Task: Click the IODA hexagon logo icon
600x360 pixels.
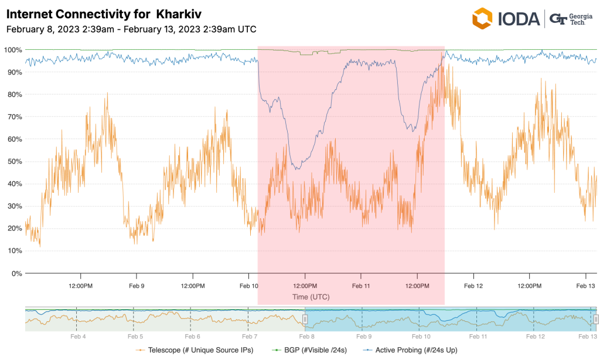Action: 482,19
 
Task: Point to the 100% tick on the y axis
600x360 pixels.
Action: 13,50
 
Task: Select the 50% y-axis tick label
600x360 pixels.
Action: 13,161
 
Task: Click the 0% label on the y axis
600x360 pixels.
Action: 15,273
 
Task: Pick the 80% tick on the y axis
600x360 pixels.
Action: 13,94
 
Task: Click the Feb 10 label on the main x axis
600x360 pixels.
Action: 249,286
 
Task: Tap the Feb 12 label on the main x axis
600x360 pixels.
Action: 473,286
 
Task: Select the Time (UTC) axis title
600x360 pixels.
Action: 311,297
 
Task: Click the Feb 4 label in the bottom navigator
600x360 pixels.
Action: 78,337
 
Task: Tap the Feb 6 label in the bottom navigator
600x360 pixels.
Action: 192,337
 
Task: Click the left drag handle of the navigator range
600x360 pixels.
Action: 305,319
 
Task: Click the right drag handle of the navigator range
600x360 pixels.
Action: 596,319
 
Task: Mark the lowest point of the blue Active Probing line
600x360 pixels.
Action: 298,169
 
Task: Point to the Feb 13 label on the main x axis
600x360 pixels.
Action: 586,286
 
